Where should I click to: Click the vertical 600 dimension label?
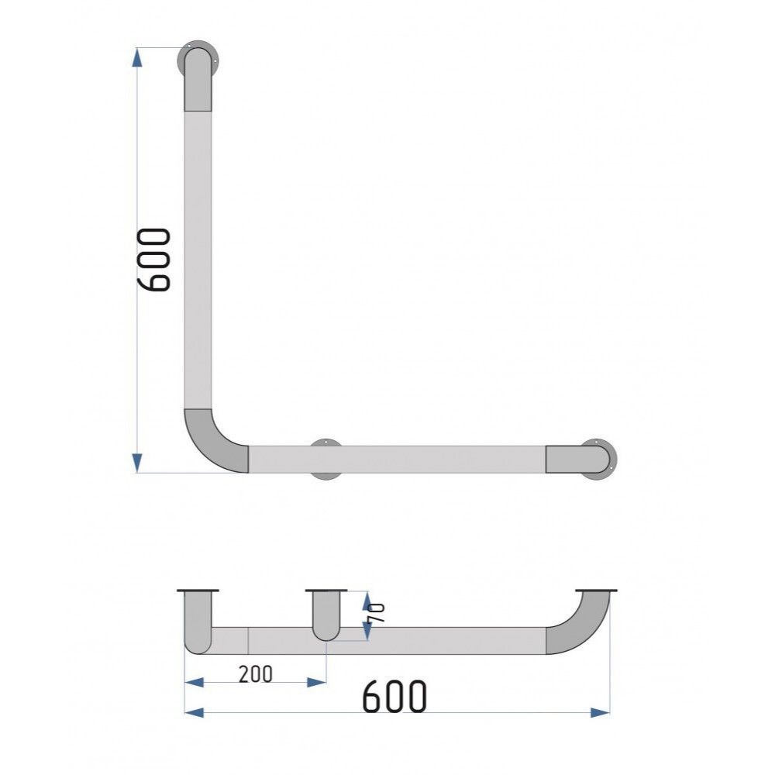[x=153, y=260]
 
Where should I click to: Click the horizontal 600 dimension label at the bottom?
[x=394, y=696]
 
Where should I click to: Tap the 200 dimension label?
[x=255, y=674]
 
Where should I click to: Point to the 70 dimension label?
[x=377, y=613]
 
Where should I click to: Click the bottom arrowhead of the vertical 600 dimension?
[x=137, y=463]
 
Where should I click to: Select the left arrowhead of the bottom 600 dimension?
[x=194, y=713]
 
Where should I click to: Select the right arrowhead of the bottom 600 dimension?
[x=601, y=713]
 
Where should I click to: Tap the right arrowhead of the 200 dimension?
[x=317, y=683]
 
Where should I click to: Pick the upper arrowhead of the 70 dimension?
[x=367, y=601]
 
